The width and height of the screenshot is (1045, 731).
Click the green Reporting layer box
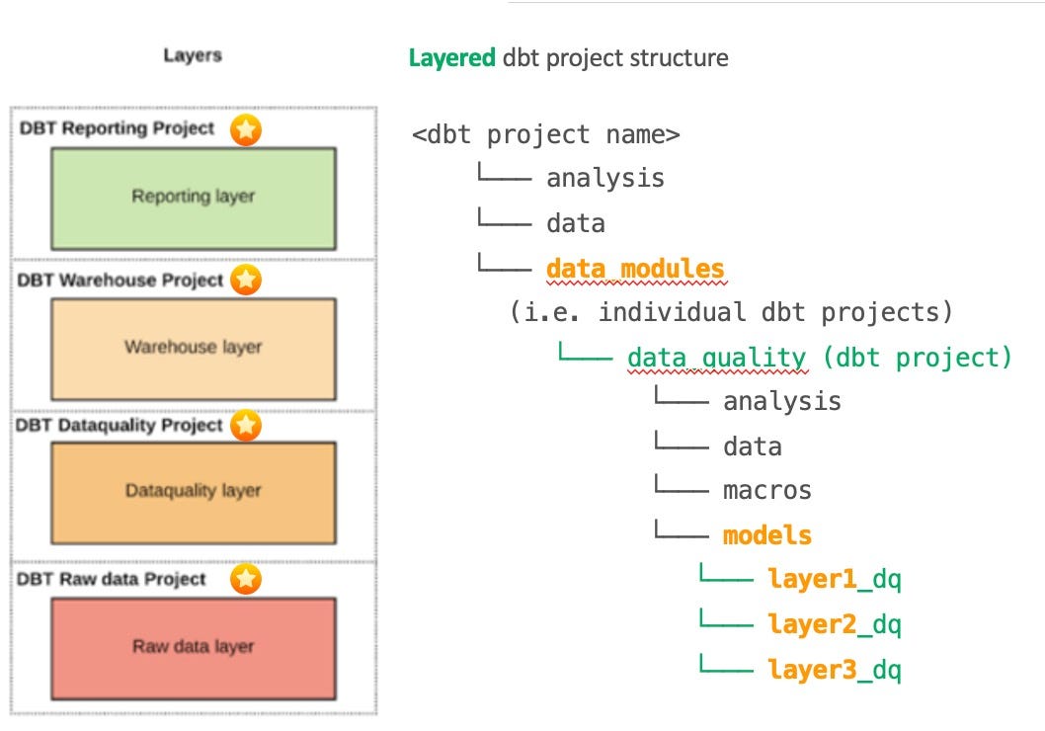click(194, 198)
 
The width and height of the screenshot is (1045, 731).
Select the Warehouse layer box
click(194, 347)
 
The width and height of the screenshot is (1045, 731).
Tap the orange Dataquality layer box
click(194, 491)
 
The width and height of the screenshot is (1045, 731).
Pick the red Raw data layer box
click(194, 647)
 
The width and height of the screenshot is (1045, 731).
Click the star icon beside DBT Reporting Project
click(246, 129)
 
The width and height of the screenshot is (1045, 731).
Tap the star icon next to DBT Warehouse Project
click(246, 281)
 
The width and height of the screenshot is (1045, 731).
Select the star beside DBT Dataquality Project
click(246, 426)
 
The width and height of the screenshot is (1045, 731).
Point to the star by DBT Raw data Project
click(246, 579)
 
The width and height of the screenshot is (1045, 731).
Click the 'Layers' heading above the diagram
click(193, 56)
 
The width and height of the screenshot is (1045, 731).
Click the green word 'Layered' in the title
click(452, 58)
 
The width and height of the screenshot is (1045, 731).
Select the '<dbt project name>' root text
click(546, 134)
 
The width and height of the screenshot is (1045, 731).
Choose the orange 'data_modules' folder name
click(635, 269)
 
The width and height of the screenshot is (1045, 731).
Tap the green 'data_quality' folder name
click(716, 358)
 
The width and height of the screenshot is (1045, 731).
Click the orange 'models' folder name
click(766, 535)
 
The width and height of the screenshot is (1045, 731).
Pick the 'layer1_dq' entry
click(834, 580)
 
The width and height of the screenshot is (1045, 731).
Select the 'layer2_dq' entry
click(834, 624)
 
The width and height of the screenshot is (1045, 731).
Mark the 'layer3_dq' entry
click(834, 670)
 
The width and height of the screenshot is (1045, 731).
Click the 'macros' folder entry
click(766, 491)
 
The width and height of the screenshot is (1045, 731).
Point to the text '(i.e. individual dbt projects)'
click(731, 313)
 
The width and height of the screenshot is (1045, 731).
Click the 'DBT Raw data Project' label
click(112, 579)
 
